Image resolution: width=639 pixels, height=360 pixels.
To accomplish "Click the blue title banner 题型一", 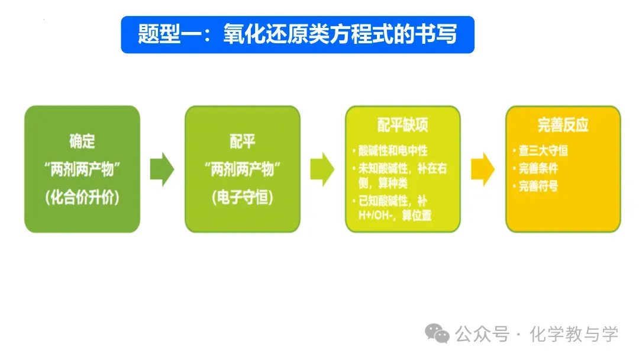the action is (298, 34).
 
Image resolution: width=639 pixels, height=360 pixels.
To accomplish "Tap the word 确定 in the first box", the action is (82, 142).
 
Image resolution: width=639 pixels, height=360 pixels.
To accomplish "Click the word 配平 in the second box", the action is (243, 142).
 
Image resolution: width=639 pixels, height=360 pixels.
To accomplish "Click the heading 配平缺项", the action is (402, 125).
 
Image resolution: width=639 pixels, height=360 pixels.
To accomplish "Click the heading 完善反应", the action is (563, 125).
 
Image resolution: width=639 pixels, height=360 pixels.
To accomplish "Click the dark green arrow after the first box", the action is (162, 169).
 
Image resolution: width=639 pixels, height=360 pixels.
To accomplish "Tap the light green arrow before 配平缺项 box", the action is (322, 169).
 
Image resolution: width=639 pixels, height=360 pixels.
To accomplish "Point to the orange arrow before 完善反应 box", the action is (483, 169).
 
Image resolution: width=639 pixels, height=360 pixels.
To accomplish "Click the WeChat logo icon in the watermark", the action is (438, 335).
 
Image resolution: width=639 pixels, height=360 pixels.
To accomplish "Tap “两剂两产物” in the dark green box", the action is (82, 170).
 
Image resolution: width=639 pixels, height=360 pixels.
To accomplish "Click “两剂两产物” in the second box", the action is (243, 170).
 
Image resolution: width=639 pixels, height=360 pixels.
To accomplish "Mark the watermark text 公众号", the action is (482, 335).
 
